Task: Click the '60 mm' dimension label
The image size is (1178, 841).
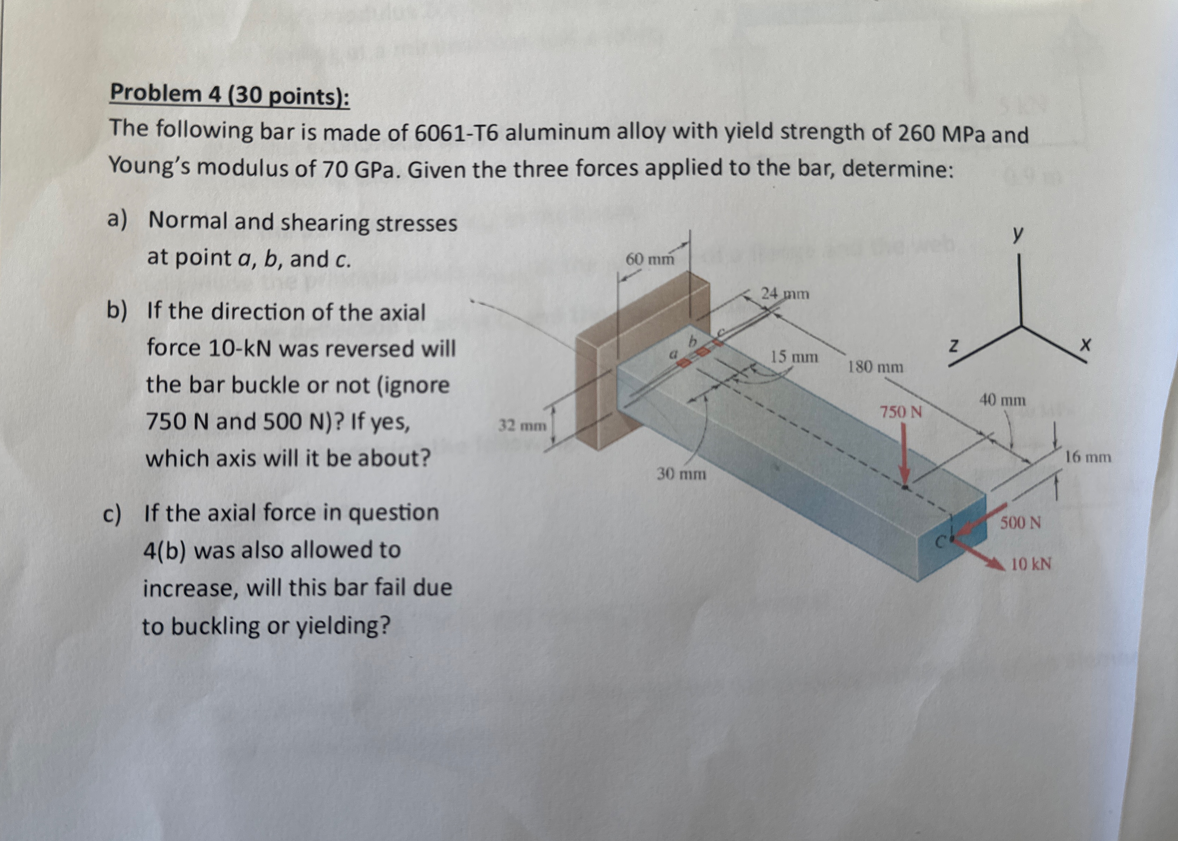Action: (650, 258)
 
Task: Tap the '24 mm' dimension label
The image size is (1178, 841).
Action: (784, 294)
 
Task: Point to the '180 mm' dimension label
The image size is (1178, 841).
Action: (875, 367)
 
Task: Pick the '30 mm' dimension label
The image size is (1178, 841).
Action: (681, 473)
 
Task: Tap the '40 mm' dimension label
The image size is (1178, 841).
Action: (1002, 400)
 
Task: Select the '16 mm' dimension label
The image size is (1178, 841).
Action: (1088, 457)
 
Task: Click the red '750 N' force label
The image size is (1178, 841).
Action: (901, 412)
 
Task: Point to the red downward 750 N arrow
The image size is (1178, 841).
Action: (904, 456)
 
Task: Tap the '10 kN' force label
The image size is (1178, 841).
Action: (1031, 564)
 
